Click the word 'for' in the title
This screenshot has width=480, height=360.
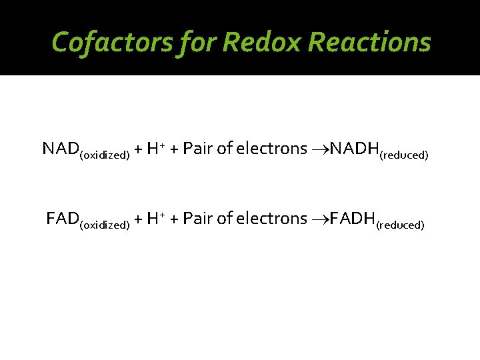[191, 42]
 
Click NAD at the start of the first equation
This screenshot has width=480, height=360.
[60, 148]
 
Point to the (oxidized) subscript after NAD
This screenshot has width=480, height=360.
[104, 155]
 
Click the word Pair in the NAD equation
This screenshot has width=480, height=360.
[197, 148]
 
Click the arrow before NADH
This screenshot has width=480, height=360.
[321, 149]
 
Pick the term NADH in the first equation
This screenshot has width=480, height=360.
[353, 148]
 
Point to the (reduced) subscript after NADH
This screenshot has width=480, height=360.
[403, 155]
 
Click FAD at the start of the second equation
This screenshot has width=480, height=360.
[62, 218]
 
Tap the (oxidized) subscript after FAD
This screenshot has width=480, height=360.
[104, 225]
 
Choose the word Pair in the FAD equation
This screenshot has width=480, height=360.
[197, 218]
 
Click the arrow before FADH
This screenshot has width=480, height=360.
[321, 219]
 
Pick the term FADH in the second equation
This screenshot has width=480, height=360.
[352, 218]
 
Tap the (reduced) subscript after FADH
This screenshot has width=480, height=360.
[400, 225]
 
